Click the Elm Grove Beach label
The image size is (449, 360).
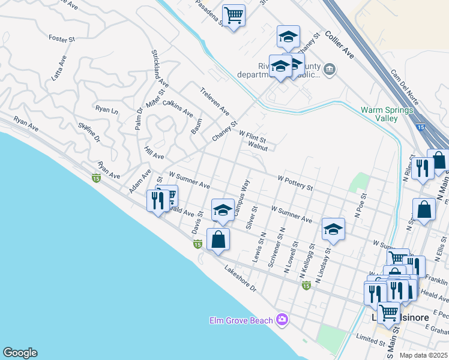click(x=241, y=320)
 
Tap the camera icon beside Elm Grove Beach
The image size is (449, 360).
click(x=282, y=320)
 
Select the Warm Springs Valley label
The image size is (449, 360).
click(x=379, y=114)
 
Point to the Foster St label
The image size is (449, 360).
click(x=61, y=39)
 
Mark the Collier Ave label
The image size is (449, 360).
click(x=340, y=46)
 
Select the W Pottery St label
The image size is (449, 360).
click(x=296, y=182)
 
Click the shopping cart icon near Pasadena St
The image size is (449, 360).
click(x=234, y=14)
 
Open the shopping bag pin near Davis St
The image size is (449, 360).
click(x=218, y=239)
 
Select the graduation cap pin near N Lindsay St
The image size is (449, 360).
click(x=333, y=229)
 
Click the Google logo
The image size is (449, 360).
click(x=20, y=353)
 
